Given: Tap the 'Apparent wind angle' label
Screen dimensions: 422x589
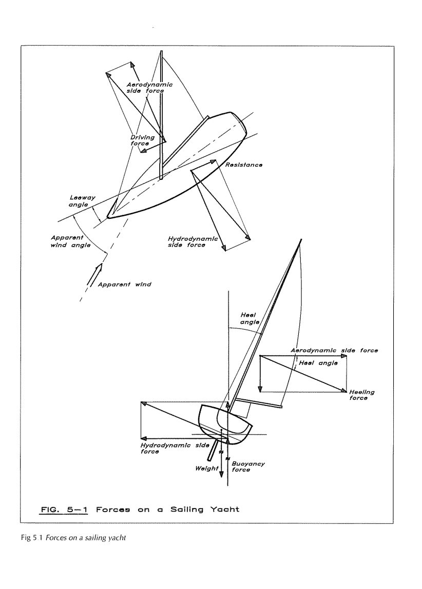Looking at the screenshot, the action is tap(71, 241).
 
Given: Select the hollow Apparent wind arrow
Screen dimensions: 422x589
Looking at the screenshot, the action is tap(94, 274).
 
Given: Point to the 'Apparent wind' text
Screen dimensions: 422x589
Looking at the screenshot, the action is tap(124, 285).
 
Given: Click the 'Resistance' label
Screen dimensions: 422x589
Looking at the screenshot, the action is tap(244, 165).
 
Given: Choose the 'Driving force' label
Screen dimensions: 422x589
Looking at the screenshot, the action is tap(142, 140).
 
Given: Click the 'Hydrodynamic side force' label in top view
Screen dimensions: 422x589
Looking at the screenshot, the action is tap(193, 241).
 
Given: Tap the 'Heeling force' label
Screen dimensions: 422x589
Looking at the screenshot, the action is tap(362, 395).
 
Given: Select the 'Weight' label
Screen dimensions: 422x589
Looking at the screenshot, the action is tap(206, 469).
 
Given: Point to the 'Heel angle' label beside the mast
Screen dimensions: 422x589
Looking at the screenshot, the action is tap(250, 318).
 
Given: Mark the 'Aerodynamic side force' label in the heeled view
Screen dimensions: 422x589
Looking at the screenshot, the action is tap(334, 350).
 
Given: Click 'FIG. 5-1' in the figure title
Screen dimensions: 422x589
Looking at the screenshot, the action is tap(64, 510).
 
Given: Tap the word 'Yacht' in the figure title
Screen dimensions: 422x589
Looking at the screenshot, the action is tap(224, 510).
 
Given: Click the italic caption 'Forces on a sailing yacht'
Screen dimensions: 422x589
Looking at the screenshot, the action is tap(86, 538).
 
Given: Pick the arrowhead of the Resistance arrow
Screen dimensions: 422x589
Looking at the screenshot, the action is tap(214, 162).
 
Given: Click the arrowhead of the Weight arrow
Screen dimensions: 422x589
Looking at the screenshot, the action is tap(221, 474).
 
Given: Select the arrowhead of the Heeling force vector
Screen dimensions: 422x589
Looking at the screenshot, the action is tap(344, 391).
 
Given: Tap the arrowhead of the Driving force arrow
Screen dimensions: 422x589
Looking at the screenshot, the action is tap(143, 151).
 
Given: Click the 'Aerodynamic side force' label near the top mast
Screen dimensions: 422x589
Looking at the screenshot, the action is tap(149, 88).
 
